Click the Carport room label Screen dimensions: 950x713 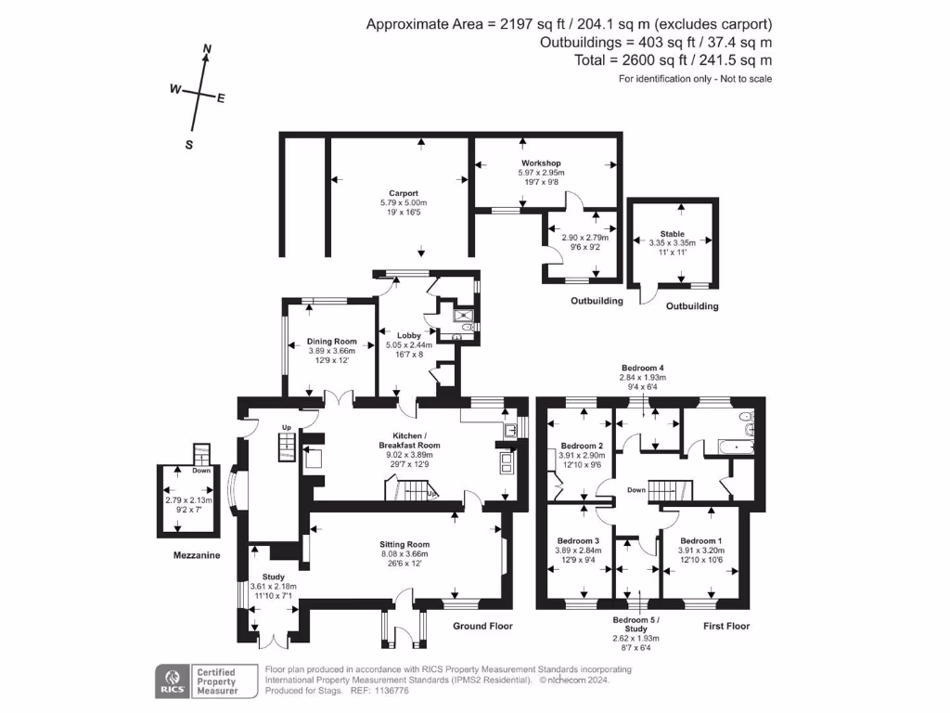(404, 193)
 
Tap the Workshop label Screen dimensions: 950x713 (541, 163)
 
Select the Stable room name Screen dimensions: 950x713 (673, 234)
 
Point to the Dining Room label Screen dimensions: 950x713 (331, 342)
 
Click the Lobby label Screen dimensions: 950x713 (409, 335)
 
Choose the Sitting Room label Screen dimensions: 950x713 (404, 544)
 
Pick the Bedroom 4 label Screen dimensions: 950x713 (643, 368)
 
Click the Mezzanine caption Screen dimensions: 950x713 (197, 555)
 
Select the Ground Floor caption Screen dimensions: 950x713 (482, 627)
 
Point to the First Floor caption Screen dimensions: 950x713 (726, 627)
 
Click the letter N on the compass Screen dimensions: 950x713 (207, 48)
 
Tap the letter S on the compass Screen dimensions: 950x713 (189, 145)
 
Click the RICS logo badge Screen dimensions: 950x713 (172, 681)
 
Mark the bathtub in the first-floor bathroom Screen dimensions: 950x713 (736, 447)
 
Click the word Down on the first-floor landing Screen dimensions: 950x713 (636, 490)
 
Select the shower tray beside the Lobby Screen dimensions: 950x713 (465, 316)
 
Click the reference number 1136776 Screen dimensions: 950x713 (392, 691)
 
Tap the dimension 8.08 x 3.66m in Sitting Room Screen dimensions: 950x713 (404, 554)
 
